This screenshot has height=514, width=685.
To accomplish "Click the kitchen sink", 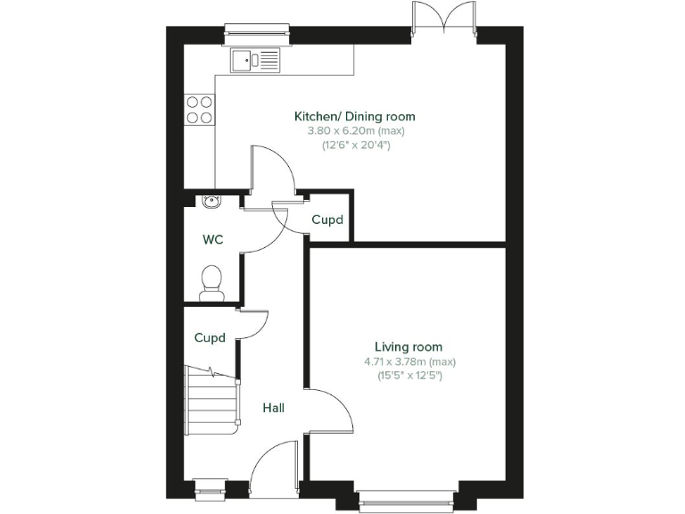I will [255, 60].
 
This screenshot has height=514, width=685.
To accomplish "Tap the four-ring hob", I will [199, 109].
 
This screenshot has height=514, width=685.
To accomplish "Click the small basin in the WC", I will [210, 201].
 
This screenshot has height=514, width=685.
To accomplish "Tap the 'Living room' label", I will [409, 347].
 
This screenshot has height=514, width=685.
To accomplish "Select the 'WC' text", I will [213, 239].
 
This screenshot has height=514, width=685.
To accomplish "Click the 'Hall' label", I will [274, 408].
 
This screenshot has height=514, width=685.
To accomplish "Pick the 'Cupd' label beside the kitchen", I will [327, 220].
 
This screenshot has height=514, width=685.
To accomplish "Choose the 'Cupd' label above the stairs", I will [210, 337].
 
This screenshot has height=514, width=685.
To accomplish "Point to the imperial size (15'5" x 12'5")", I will [409, 376].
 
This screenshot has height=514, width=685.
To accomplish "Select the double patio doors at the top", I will [443, 20].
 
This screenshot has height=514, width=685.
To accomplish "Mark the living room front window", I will [408, 505].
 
